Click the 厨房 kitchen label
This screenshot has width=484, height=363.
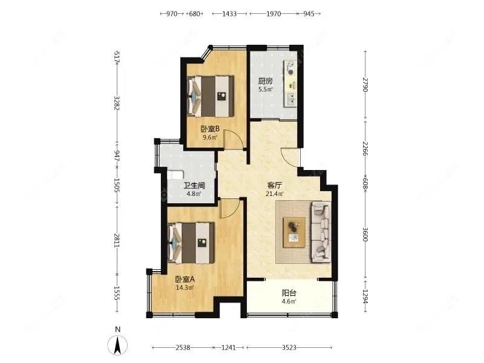[266, 81]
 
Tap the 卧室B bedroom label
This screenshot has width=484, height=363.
[210, 129]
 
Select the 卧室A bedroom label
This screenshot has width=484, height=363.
[185, 280]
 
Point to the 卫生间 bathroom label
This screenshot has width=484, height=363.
[194, 186]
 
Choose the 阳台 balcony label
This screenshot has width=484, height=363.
[289, 293]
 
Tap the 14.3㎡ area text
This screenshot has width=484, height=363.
[185, 287]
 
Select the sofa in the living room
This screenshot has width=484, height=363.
[320, 232]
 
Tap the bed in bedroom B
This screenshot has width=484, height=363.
[212, 96]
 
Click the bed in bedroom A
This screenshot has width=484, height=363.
[192, 243]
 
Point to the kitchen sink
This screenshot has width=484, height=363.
[292, 97]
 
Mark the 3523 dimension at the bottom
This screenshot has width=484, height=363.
[292, 348]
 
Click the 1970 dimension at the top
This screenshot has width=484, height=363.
[273, 13]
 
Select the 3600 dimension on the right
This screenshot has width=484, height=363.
[365, 234]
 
